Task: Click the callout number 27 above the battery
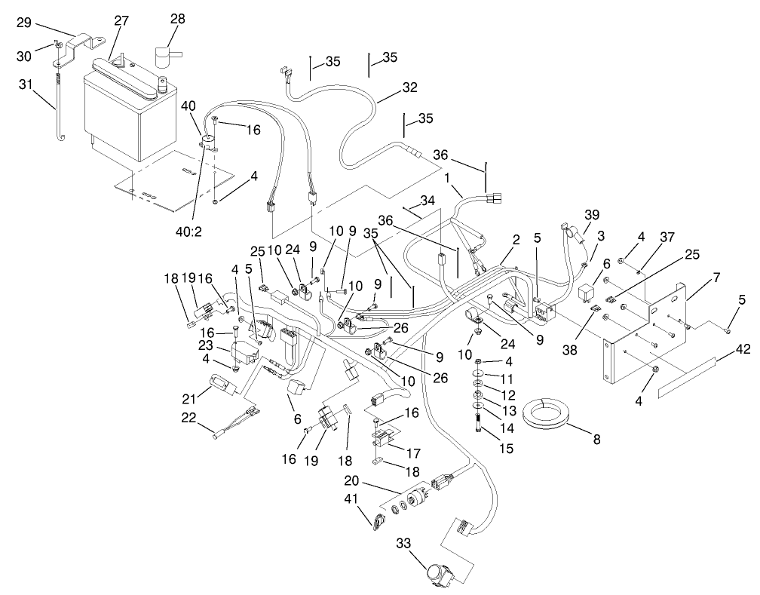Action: pos(121,22)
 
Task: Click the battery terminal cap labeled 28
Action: pos(164,57)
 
